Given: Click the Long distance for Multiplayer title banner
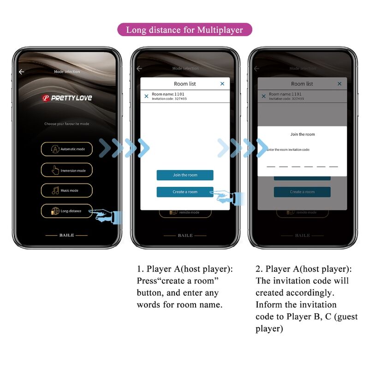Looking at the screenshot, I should tap(184, 30).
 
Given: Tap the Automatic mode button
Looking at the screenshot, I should tap(66, 149).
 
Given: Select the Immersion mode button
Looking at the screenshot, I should tap(66, 170).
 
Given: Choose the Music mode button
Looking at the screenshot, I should tap(66, 190).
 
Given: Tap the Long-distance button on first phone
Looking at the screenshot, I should tap(66, 211).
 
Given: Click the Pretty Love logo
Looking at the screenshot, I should tap(67, 98).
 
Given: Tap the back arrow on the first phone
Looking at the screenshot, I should tap(21, 72).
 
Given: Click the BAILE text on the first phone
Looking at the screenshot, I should tap(66, 235).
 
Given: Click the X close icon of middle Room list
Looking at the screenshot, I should tap(222, 83).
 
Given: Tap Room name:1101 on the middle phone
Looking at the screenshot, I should tap(168, 94).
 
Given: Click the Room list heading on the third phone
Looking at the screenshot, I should tap(302, 84).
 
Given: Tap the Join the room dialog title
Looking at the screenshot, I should tap(302, 134).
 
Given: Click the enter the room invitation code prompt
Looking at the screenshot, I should tap(288, 150).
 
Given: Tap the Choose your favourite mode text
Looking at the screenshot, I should tap(66, 124).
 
